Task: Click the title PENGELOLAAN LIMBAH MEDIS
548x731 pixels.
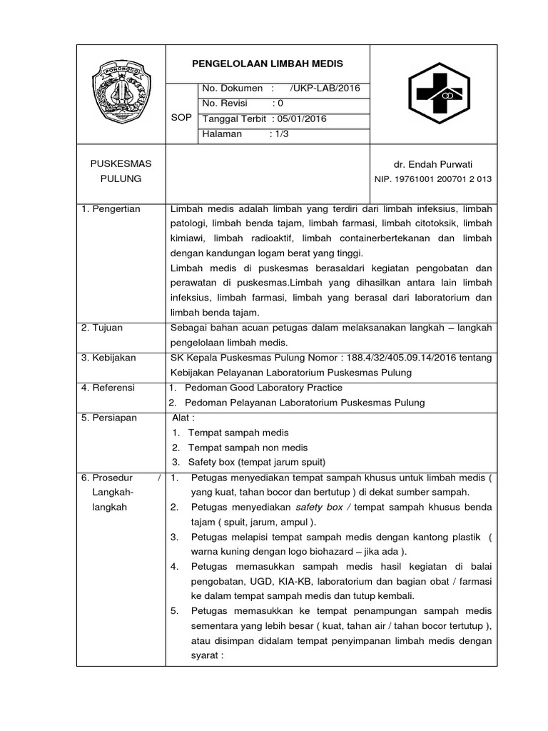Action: [x=268, y=64]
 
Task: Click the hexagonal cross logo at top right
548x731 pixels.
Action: [x=433, y=94]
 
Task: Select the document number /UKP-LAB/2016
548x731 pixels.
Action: [x=325, y=88]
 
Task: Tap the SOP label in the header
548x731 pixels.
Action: [x=181, y=118]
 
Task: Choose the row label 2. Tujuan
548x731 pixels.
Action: [x=102, y=328]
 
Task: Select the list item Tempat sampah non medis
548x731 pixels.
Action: [x=248, y=448]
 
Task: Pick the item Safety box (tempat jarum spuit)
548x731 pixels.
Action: [x=257, y=462]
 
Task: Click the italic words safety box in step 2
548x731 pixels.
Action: [x=319, y=507]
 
